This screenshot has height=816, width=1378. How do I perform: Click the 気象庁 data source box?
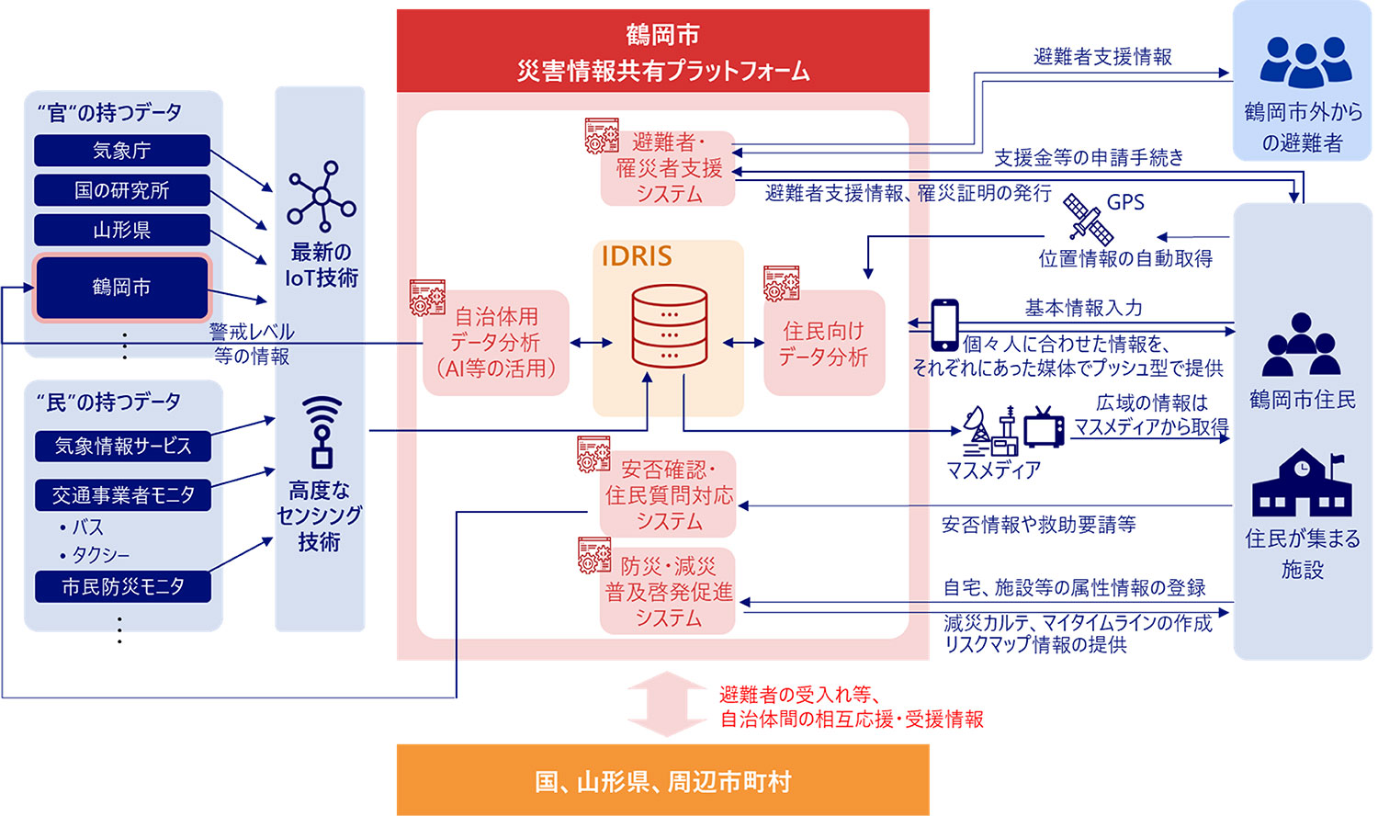(122, 151)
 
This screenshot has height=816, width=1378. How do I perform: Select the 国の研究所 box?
(122, 190)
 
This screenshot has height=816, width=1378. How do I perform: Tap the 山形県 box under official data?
(122, 230)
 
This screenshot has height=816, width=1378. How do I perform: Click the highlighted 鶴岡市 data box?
(122, 288)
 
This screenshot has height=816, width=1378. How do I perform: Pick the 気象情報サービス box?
(123, 447)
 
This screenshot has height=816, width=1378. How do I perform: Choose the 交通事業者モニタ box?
(123, 495)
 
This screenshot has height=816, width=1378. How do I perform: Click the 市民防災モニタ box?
(123, 586)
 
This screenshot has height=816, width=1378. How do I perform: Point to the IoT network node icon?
(321, 197)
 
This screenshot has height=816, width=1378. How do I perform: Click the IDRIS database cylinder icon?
(670, 326)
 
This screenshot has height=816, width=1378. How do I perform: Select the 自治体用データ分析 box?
(497, 343)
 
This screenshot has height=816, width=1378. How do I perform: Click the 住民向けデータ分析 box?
(824, 344)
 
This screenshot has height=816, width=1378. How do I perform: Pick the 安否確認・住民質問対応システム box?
(669, 495)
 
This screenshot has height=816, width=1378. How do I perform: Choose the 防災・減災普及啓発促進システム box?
(669, 592)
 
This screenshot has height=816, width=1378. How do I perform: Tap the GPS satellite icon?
(1088, 219)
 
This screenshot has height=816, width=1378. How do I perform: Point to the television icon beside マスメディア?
(1044, 427)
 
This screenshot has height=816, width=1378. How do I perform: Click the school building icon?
(1302, 483)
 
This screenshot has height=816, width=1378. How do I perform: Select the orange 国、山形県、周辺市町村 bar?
(662, 780)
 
